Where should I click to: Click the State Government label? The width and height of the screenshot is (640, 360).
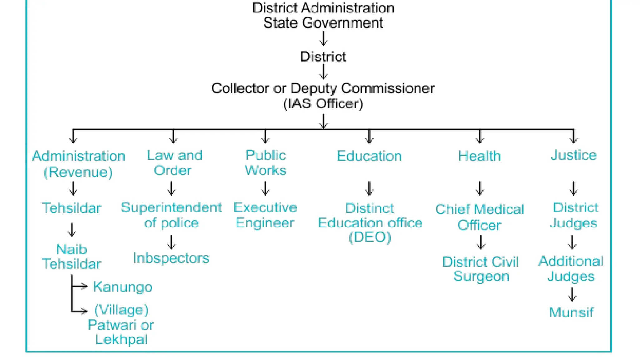(323, 23)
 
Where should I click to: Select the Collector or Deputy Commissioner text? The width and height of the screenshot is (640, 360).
(323, 88)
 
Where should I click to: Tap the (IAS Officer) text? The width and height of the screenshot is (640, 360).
(323, 104)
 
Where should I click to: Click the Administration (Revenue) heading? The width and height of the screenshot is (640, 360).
(78, 164)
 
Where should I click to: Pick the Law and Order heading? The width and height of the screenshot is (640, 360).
(174, 163)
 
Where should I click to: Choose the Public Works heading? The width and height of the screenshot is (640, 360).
(265, 163)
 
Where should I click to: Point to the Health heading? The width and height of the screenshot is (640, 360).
(479, 156)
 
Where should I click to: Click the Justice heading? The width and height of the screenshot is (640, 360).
(573, 155)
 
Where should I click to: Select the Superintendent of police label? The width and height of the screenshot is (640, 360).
(171, 215)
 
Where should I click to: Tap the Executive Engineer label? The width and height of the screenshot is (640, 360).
(265, 215)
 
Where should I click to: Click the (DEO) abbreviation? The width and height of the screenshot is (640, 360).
(370, 237)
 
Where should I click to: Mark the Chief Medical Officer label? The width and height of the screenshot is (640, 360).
(479, 217)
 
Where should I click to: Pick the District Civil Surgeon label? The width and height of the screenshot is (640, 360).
(481, 269)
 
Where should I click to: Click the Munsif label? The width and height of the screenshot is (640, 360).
(571, 312)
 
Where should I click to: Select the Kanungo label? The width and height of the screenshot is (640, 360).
(122, 287)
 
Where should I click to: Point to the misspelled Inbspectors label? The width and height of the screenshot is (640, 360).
(171, 258)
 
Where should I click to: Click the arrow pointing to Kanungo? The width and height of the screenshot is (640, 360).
(80, 286)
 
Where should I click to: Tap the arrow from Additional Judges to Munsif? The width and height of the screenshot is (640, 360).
(572, 294)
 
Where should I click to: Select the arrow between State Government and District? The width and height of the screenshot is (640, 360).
(323, 38)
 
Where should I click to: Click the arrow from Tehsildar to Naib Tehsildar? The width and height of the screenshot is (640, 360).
(72, 230)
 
